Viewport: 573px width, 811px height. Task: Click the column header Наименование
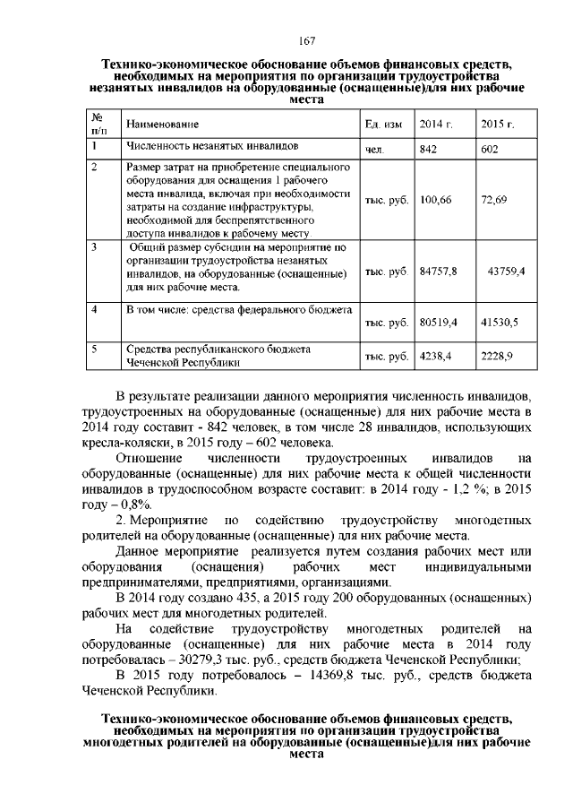(162, 124)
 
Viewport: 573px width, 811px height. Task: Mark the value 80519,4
(439, 320)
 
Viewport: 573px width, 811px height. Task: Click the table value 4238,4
(436, 356)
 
